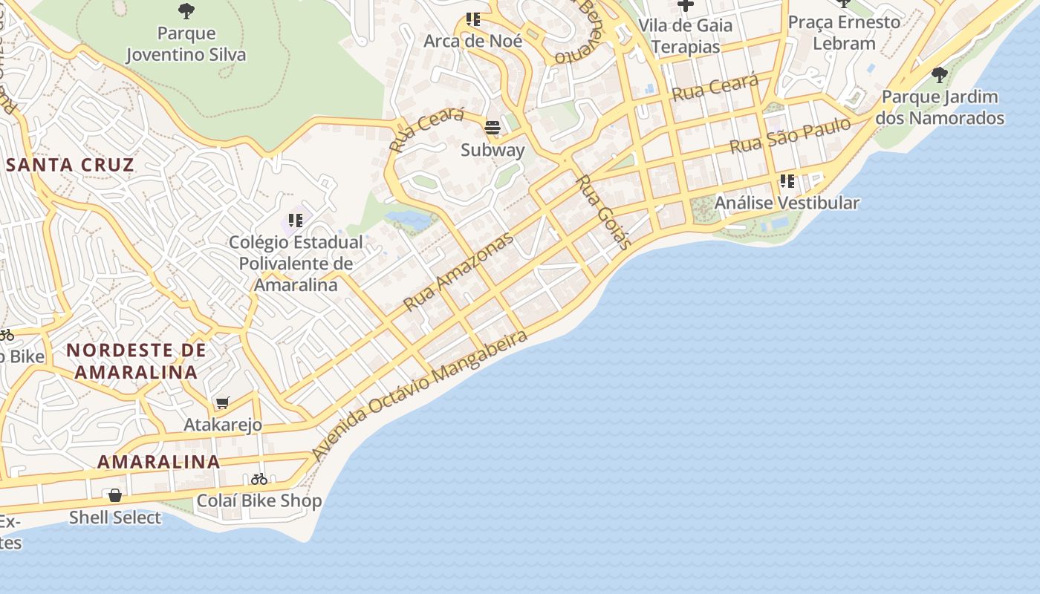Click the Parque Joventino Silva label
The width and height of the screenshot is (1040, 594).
tap(186, 44)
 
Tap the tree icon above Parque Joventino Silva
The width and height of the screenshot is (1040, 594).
tap(186, 10)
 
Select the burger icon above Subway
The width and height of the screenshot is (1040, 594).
tap(493, 128)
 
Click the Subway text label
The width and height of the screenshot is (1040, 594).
tap(493, 150)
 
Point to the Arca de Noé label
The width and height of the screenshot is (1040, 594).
tap(472, 41)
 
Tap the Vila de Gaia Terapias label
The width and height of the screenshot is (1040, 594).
tap(685, 36)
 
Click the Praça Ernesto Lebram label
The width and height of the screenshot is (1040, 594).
tap(844, 33)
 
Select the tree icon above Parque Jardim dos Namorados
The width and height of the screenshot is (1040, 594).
tap(940, 75)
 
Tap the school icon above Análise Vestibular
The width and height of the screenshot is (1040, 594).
tap(787, 181)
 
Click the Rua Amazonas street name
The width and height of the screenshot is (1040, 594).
tap(458, 272)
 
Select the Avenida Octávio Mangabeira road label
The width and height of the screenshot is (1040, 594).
tap(420, 395)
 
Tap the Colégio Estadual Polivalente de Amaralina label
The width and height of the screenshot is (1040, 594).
tap(295, 264)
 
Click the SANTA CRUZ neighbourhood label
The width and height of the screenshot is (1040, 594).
tap(70, 165)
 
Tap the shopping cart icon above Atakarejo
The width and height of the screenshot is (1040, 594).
tap(222, 403)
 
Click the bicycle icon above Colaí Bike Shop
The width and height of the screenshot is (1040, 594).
tap(259, 479)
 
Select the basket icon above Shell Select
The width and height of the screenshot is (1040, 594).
tap(115, 495)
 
